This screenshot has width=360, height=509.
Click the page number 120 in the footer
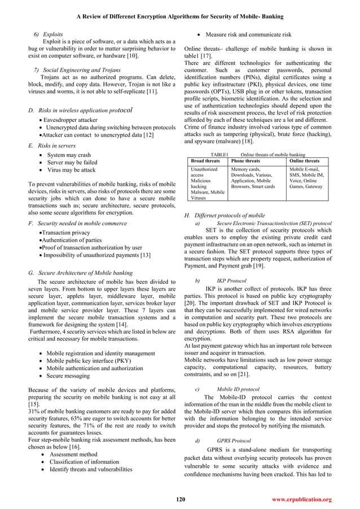181,500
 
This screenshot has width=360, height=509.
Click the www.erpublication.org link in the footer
302,500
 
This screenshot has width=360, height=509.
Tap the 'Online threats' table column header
304,161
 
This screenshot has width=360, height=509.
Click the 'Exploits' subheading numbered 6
50,34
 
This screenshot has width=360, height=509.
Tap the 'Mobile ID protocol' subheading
238,389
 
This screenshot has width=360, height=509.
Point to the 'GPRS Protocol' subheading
233,440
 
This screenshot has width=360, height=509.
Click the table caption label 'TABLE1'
219,154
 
